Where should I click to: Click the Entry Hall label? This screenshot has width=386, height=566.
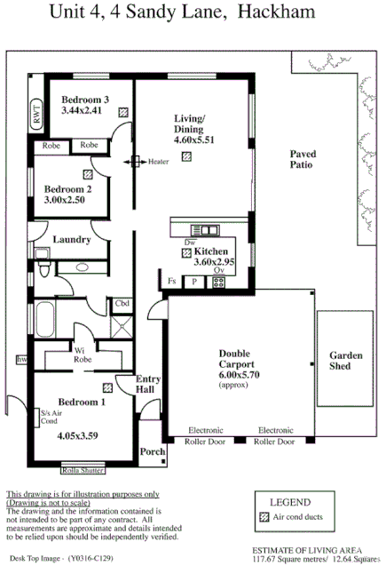[x=147, y=384]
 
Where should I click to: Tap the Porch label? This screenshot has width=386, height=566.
[x=152, y=452]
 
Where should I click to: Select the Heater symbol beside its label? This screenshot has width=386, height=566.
[x=138, y=162]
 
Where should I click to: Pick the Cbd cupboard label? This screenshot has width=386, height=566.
[x=122, y=305]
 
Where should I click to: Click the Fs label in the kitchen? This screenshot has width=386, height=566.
[x=172, y=282]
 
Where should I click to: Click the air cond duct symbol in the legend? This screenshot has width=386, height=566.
[x=264, y=516]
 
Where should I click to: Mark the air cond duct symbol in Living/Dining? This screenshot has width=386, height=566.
[x=185, y=157]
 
